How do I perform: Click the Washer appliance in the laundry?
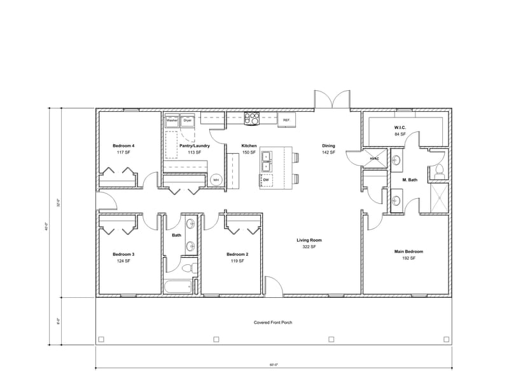[x=172, y=120]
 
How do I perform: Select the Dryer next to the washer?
[x=188, y=120]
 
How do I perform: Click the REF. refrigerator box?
[x=286, y=119]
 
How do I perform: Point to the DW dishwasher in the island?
[x=267, y=180]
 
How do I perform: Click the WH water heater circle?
[x=216, y=180]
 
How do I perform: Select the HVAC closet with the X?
[x=374, y=158]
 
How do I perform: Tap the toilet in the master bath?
[x=439, y=169]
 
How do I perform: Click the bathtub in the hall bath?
[x=178, y=286]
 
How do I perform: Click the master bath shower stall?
[x=440, y=196]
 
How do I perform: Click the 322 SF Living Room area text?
[x=309, y=247]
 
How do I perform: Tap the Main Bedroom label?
[x=408, y=251]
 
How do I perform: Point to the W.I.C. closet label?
[x=400, y=127]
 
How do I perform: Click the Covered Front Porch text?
[x=273, y=323]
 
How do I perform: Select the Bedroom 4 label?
[x=123, y=145]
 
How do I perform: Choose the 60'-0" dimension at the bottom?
[x=274, y=365]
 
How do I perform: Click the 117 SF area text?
[x=123, y=152]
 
